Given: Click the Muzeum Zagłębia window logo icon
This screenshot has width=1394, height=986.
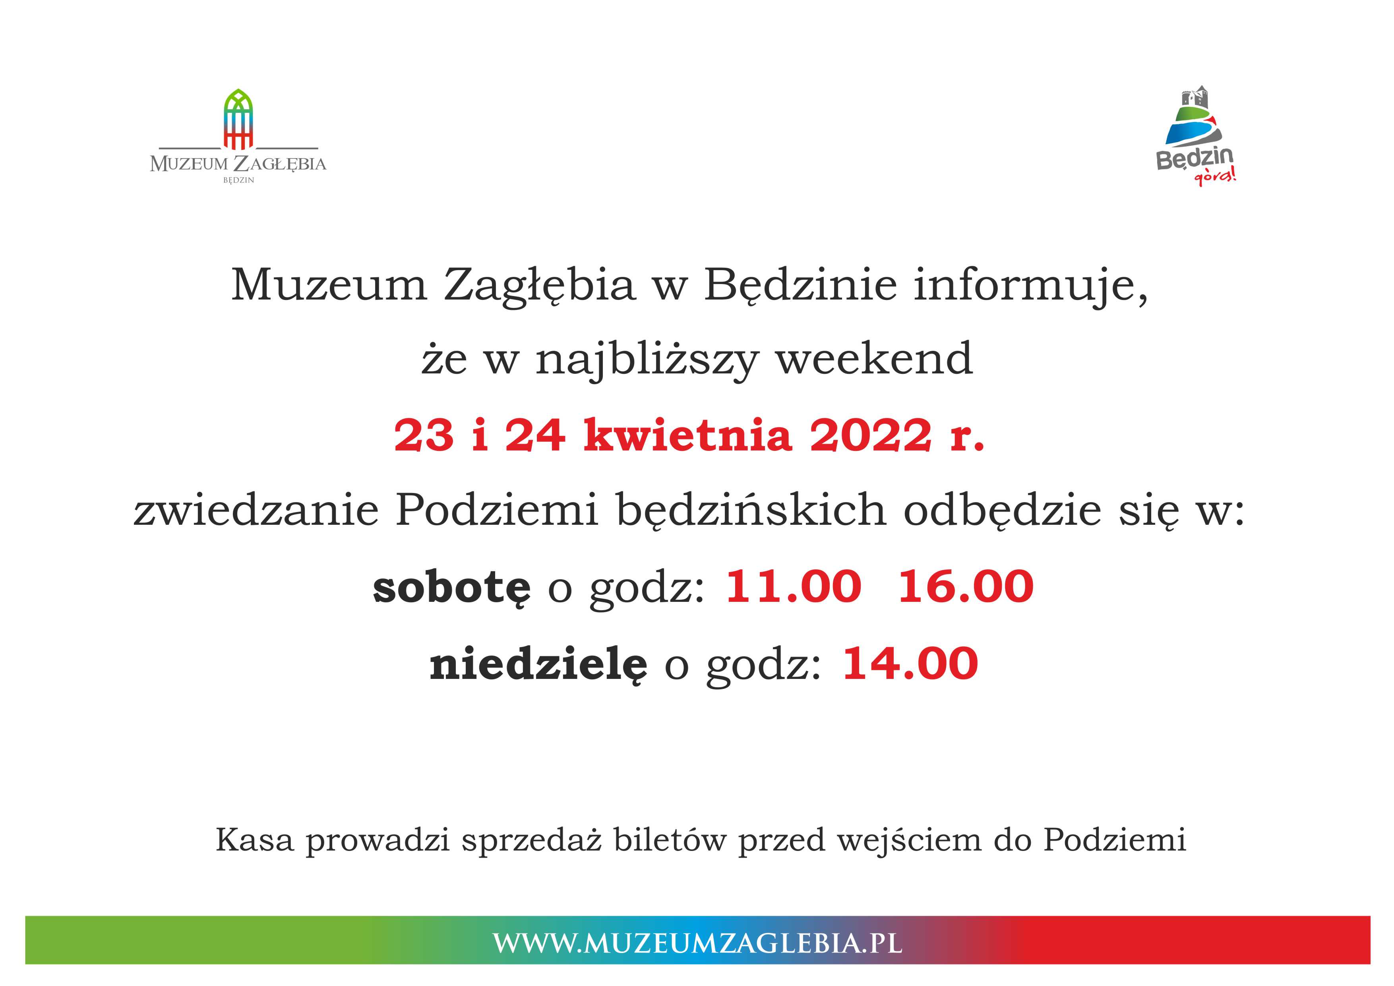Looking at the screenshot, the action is [238, 119].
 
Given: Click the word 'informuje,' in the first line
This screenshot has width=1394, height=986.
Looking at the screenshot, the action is [1030, 285].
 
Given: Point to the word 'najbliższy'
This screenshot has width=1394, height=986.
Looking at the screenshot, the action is [647, 360].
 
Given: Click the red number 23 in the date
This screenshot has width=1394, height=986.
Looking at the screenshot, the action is [424, 436].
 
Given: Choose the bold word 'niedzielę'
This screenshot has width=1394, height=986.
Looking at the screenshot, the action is [538, 663].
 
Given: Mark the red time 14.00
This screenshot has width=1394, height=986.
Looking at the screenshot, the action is [910, 663].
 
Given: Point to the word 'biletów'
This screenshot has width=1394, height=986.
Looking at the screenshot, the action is [670, 840].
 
